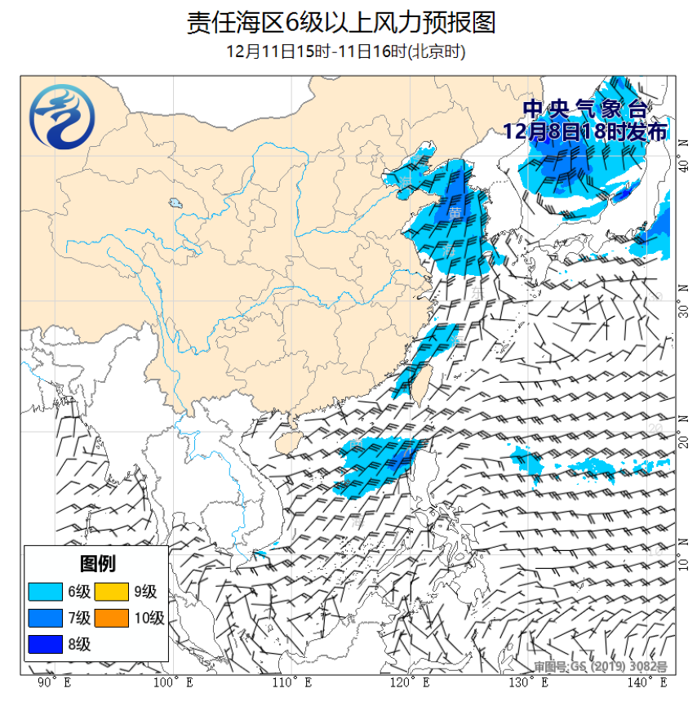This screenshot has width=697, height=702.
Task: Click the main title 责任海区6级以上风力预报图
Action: click(341, 23)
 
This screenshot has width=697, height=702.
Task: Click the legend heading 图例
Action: click(96, 563)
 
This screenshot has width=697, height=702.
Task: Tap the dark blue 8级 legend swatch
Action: click(45, 644)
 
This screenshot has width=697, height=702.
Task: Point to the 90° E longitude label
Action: click(54, 682)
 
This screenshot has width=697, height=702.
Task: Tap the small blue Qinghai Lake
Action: click(175, 203)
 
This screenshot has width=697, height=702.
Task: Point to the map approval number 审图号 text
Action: click(602, 667)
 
